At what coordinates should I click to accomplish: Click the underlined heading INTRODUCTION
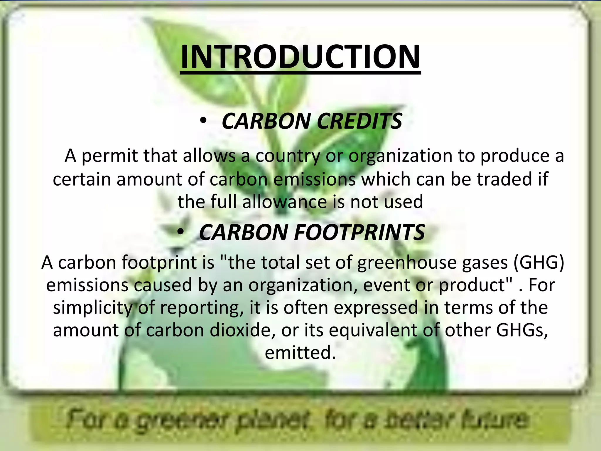tap(300, 57)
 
